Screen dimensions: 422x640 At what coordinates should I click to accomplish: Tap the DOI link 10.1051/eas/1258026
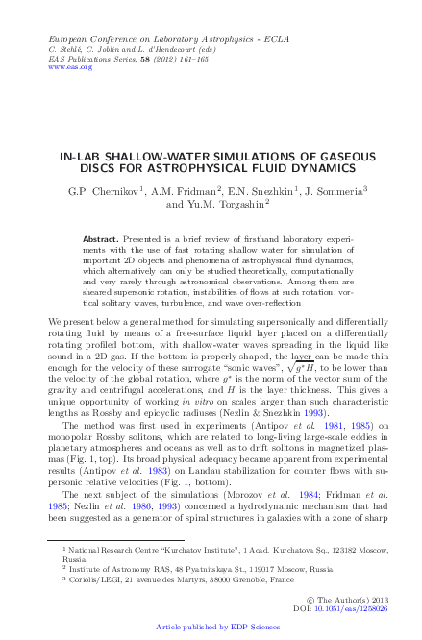tap(355, 609)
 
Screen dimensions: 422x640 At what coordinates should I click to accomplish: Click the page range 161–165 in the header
tap(171, 58)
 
